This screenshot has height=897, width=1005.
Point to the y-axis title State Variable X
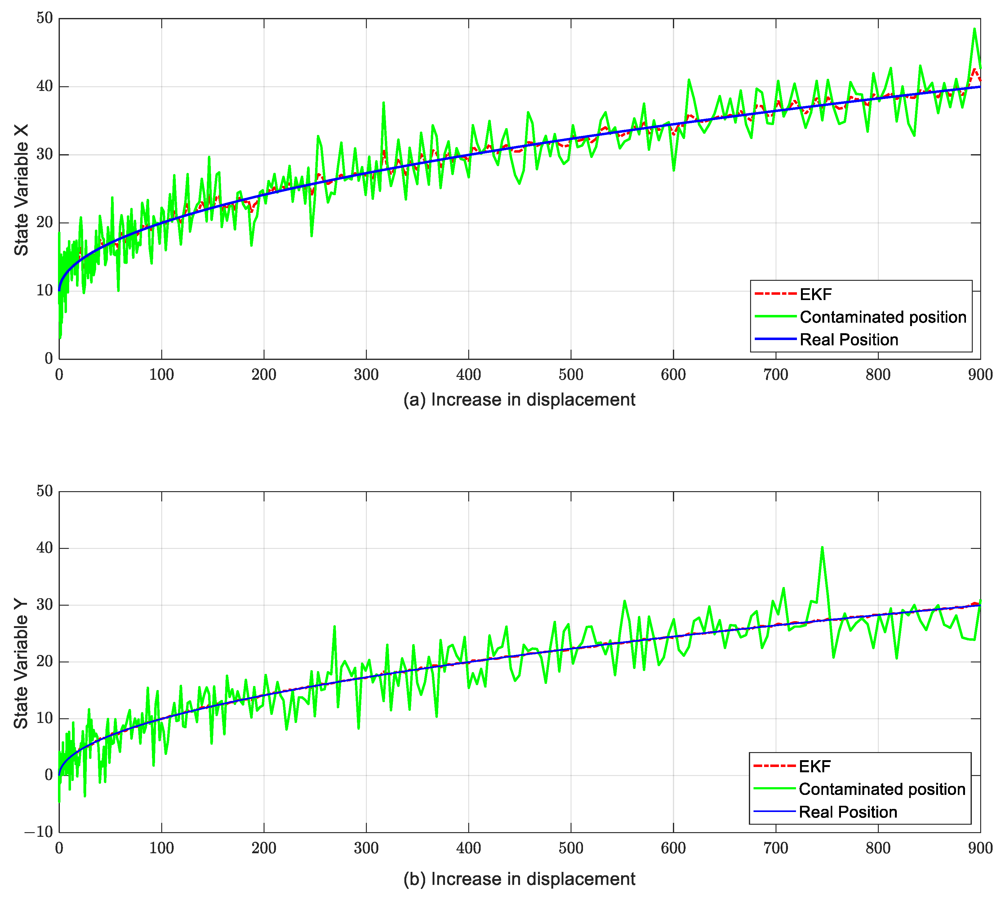pyautogui.click(x=21, y=190)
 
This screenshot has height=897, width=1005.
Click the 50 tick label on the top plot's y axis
pyautogui.click(x=44, y=18)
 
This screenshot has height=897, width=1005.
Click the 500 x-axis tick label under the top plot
pyautogui.click(x=571, y=375)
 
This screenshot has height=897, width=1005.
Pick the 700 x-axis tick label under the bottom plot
pyautogui.click(x=776, y=848)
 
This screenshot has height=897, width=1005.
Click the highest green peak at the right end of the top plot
pyautogui.click(x=974, y=29)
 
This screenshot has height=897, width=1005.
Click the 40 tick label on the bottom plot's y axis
pyautogui.click(x=44, y=548)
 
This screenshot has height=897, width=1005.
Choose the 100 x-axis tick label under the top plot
pyautogui.click(x=161, y=375)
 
